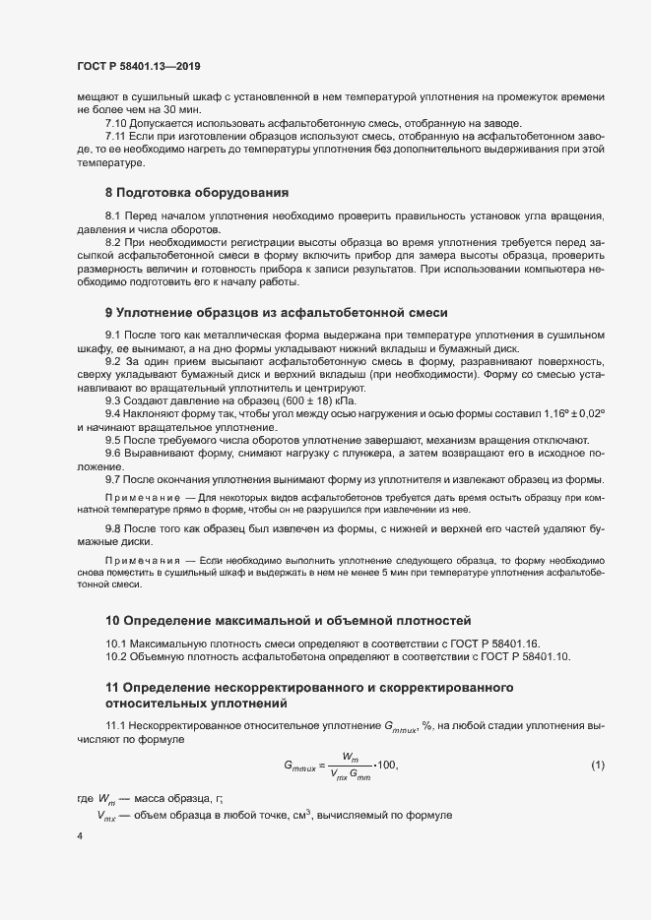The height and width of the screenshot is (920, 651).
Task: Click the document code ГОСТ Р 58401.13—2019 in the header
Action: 139,65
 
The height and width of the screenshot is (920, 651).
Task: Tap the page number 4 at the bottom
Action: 79,835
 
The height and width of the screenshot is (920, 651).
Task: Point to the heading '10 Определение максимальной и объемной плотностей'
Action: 289,621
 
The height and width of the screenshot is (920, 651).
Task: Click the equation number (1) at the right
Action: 598,765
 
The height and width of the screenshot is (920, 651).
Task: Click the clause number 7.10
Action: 117,123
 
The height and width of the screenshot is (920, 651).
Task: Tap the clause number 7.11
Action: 117,136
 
